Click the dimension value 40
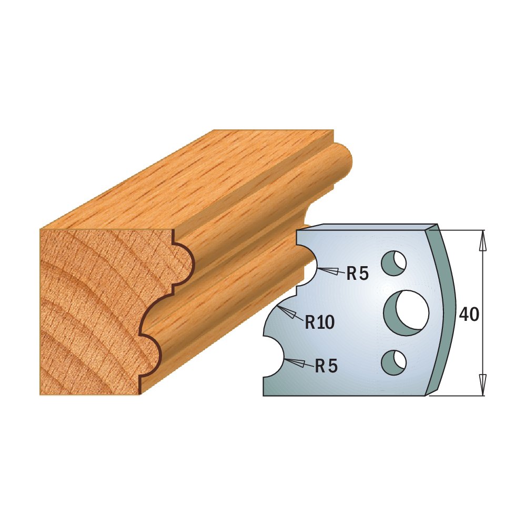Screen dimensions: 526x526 pos(469,315)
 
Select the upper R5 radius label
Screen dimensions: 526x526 pos(357,274)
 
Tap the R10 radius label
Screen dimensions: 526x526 pos(320,322)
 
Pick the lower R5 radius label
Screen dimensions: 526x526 pos(326,366)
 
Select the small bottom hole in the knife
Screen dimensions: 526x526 pos(393,362)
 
